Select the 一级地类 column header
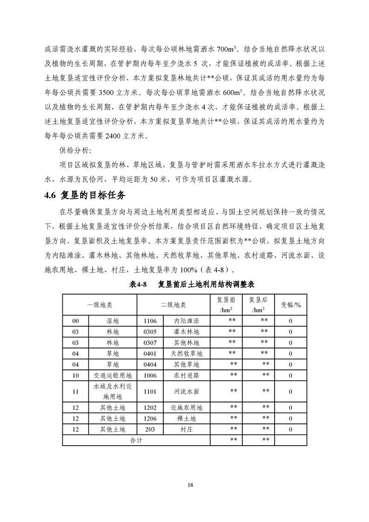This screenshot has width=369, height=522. [100, 305]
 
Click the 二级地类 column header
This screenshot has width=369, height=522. [173, 305]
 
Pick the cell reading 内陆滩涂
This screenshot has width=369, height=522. [186, 321]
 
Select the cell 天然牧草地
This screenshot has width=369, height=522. [186, 354]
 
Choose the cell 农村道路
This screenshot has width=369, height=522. [186, 375]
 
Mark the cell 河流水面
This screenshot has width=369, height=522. [186, 391]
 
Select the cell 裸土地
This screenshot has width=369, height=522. [186, 418]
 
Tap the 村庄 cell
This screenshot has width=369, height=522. [186, 429]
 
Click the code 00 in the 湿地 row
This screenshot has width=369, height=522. [76, 321]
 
